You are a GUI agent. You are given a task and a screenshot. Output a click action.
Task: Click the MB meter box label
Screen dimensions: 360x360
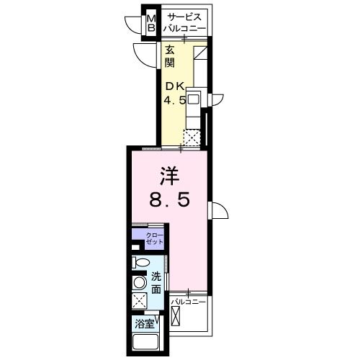[151, 23]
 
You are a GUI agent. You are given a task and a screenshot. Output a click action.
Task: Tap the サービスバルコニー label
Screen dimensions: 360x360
[184, 22]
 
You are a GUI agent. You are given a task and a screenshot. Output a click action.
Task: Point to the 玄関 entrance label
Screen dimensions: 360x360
[170, 57]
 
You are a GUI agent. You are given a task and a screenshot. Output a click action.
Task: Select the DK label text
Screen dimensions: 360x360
[175, 86]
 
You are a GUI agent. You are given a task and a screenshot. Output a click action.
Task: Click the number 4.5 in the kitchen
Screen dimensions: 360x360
[175, 99]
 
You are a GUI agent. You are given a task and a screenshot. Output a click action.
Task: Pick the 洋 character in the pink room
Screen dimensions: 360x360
[170, 176]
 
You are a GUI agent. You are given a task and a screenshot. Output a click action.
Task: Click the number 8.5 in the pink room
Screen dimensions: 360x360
[170, 200]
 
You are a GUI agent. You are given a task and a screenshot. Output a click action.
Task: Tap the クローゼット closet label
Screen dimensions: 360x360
[155, 238]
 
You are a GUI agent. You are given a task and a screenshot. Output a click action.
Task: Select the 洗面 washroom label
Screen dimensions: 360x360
[156, 284]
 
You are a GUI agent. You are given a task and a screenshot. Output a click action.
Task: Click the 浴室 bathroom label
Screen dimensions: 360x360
[144, 324]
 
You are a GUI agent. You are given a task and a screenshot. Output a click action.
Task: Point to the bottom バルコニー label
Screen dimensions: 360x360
[189, 302]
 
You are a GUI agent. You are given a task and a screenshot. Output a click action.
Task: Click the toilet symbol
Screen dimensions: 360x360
[140, 262]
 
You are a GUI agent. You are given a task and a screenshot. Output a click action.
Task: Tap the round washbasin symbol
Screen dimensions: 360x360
[139, 282]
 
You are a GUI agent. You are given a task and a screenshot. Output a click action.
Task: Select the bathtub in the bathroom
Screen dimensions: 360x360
[145, 343]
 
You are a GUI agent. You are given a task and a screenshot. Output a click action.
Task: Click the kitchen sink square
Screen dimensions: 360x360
[194, 99]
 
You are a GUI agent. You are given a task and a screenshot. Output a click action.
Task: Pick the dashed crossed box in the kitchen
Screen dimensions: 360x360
[192, 138]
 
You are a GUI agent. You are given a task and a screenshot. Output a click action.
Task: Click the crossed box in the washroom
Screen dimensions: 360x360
[140, 300]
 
